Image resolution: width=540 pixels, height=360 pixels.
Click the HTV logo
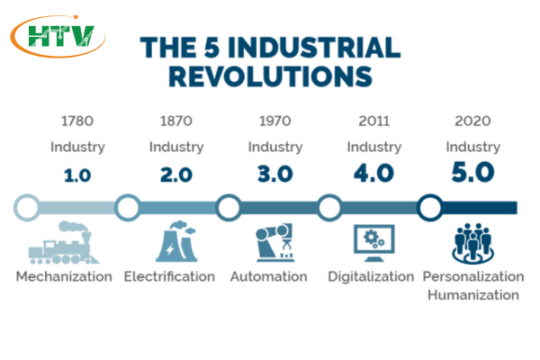58,36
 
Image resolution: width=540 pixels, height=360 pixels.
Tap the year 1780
77,121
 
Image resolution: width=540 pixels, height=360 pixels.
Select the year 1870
176,121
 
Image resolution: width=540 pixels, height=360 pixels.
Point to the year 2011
374,121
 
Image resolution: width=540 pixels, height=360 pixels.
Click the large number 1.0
77,175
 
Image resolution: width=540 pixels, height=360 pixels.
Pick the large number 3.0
275,174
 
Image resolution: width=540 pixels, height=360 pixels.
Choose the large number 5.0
472,172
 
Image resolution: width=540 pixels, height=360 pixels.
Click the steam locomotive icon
64,243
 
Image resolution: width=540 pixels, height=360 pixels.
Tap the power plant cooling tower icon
176,241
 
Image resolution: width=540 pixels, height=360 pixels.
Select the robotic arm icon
274,242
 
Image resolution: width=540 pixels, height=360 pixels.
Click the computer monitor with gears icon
374,243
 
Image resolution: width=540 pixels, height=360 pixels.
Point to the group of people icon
472,243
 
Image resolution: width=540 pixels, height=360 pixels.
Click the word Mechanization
64,276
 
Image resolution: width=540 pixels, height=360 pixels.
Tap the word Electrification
169,276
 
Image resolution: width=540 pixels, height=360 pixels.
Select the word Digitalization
371,277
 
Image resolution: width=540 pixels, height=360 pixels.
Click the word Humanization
473,295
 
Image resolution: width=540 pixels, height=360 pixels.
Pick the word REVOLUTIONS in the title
271,76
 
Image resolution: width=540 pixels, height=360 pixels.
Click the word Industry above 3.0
275,148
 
